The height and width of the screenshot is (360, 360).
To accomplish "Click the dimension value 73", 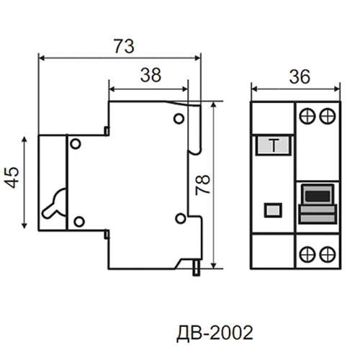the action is coord(124,46).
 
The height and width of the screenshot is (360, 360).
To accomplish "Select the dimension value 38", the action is coord(150,75).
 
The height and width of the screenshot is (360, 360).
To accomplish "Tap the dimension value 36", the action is coord(300,76).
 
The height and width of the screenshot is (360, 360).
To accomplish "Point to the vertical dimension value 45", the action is coord(12,177).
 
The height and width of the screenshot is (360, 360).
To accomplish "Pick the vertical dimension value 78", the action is coord(203,184).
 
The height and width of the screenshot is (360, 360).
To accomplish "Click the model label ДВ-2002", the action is coord(215,333).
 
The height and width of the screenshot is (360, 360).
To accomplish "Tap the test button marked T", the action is coord(274,145).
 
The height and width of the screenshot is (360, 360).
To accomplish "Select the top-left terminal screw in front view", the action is coord(307,117).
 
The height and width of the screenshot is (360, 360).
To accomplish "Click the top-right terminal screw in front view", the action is coord(327,117).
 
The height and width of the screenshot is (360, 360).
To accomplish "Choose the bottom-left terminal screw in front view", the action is coord(307,253).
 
